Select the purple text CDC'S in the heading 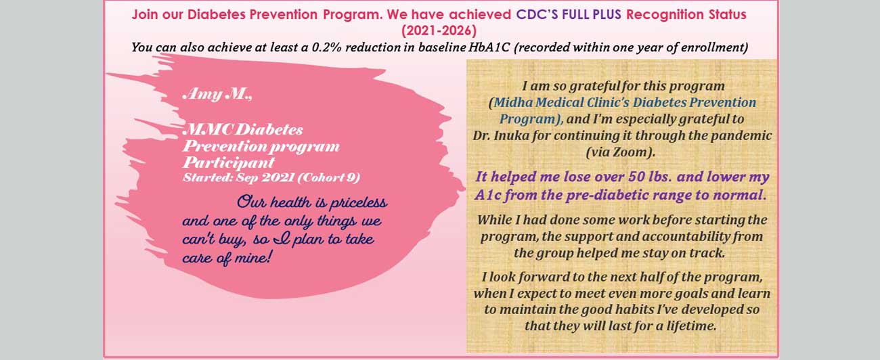537,14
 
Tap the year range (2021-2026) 439,30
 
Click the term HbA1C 489,47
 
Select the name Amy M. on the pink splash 217,94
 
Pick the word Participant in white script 229,162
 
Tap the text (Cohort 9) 329,178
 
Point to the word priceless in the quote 358,202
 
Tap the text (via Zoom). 621,152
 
